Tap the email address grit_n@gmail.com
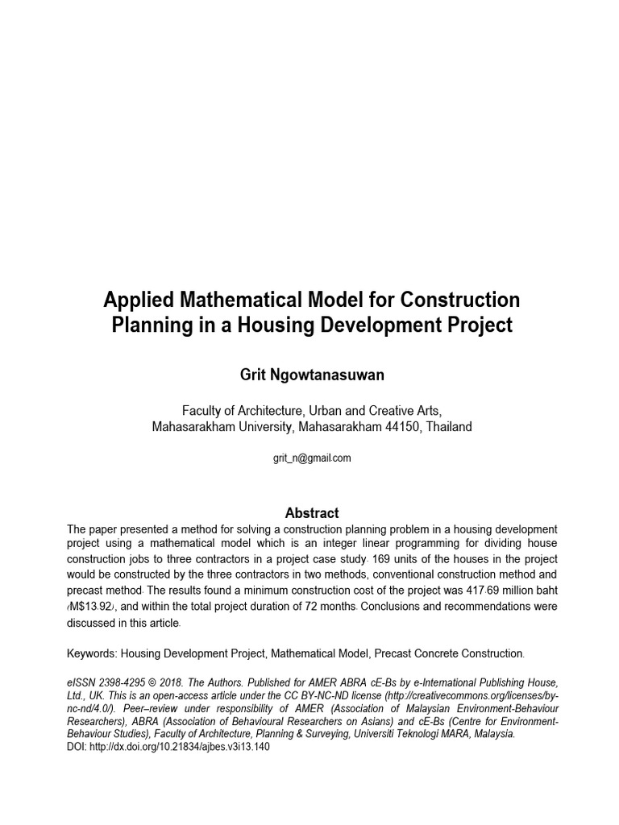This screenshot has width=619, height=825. (x=313, y=458)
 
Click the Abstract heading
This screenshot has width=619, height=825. (x=312, y=513)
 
